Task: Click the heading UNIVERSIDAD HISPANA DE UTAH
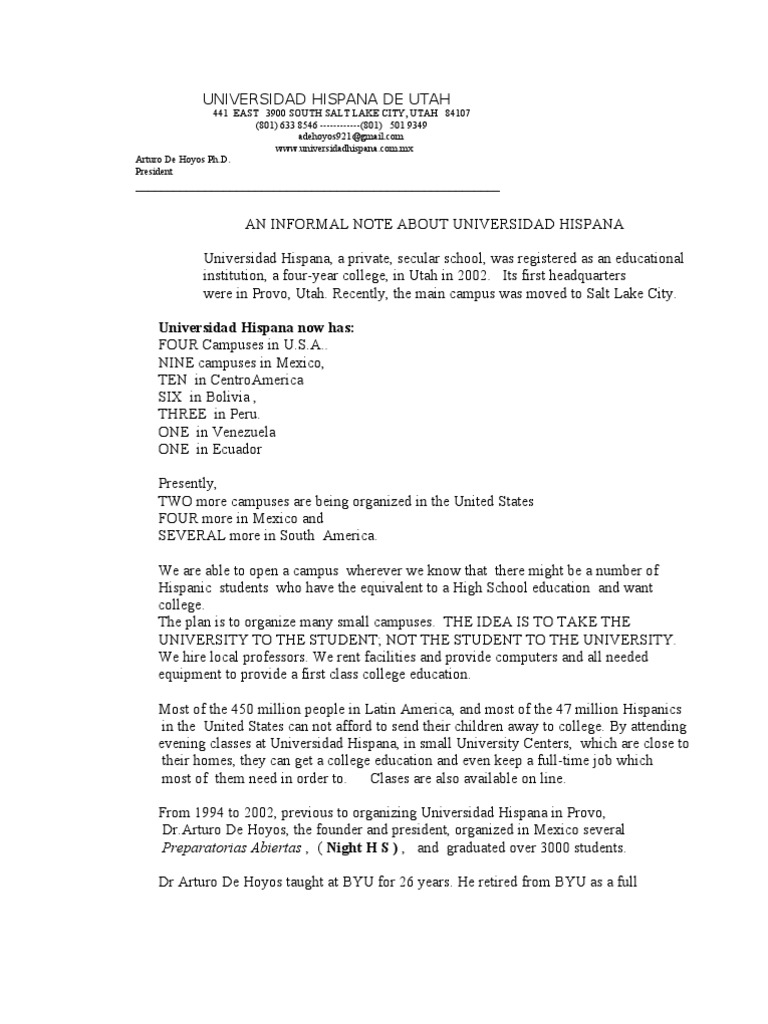tap(327, 99)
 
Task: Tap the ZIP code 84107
tap(457, 114)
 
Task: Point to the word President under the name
tap(154, 171)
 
